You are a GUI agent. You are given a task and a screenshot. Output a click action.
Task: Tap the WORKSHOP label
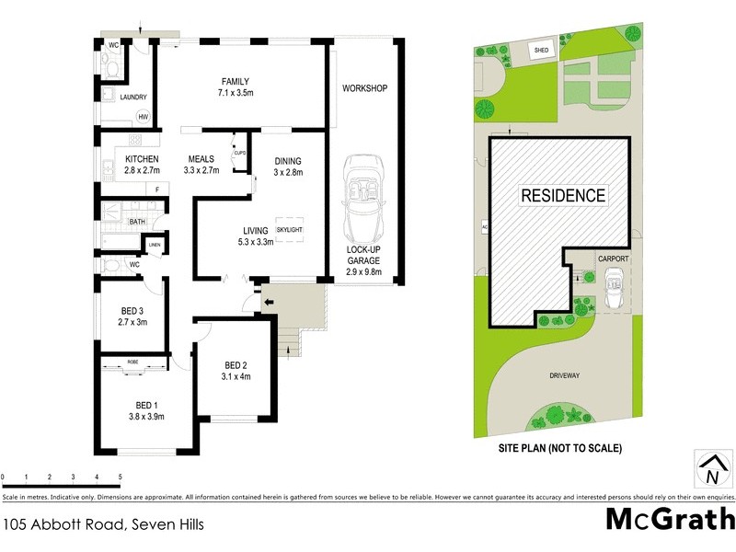click(364, 88)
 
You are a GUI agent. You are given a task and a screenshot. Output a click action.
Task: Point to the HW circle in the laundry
click(144, 117)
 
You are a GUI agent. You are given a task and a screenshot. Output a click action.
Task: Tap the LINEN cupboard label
click(155, 245)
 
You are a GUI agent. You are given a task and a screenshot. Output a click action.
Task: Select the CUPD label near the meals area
click(240, 154)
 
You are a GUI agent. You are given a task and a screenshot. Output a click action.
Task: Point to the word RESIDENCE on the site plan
click(564, 195)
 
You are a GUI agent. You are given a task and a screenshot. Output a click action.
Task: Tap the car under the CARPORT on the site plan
click(614, 293)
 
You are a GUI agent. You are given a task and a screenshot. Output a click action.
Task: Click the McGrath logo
click(670, 520)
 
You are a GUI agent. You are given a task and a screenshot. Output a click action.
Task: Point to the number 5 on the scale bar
click(121, 477)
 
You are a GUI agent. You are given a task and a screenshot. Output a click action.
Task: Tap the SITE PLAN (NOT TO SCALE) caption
click(562, 448)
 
